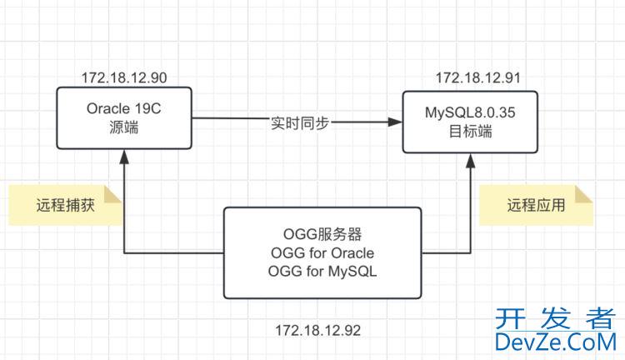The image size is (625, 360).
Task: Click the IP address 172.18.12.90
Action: coord(124,78)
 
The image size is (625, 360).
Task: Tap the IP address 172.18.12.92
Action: coord(318,331)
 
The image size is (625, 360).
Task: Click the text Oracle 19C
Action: coord(124,109)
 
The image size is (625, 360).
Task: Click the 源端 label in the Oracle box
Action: coord(124,128)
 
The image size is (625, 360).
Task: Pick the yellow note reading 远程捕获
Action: coord(65,206)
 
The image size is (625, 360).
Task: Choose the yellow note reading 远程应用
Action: coord(536,206)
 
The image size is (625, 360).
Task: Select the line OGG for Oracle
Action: coord(322,252)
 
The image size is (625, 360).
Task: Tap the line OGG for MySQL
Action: coord(322,272)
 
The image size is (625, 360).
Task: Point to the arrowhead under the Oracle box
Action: coord(124,156)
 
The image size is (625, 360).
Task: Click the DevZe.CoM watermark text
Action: coord(555,342)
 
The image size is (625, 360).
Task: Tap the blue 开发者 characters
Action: coord(555,317)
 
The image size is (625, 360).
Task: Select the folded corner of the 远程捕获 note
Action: coord(116,192)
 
